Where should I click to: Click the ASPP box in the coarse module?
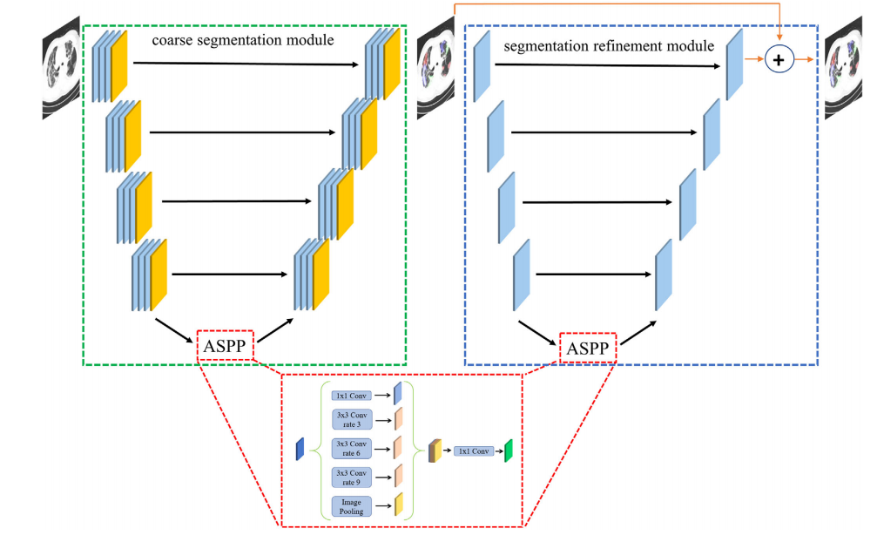(x=225, y=346)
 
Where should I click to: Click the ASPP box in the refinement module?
(x=588, y=348)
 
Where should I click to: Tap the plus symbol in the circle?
(x=779, y=59)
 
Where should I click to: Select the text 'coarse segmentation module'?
(x=243, y=40)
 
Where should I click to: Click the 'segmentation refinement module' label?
(x=609, y=46)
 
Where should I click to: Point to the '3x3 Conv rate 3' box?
(x=352, y=419)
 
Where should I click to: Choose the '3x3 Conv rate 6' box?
(x=352, y=449)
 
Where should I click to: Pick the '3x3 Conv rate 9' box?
(x=352, y=478)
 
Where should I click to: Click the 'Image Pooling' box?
(x=352, y=507)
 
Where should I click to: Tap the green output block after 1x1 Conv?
(x=509, y=451)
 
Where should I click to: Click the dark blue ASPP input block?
(x=300, y=449)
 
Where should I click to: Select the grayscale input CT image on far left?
(x=61, y=68)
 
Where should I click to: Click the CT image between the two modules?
(x=435, y=68)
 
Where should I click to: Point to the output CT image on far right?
(x=843, y=68)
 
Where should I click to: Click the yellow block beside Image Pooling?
(x=399, y=504)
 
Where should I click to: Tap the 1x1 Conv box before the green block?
(x=474, y=451)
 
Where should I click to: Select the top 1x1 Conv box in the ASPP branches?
(x=352, y=396)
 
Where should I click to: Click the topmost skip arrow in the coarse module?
(x=246, y=64)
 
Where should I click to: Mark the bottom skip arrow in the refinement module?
(x=593, y=274)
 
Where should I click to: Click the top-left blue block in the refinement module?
(x=482, y=66)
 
